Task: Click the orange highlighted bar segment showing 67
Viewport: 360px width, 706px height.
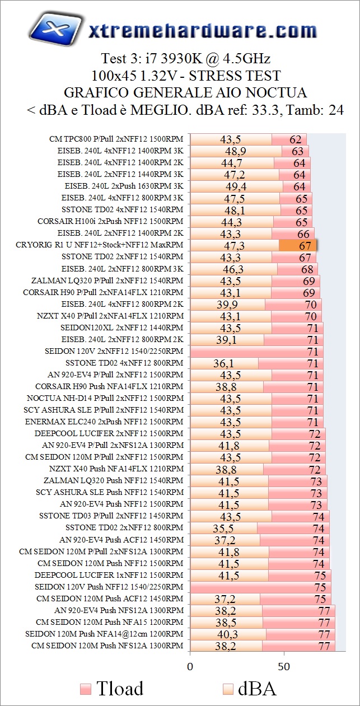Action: [298, 245]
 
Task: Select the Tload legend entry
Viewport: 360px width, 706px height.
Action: [112, 688]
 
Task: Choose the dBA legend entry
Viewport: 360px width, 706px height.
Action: [250, 688]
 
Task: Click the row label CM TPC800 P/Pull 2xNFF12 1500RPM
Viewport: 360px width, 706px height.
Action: [116, 139]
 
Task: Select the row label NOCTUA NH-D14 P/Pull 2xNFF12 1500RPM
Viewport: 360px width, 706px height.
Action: [105, 398]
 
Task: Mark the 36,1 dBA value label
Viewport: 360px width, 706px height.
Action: [223, 363]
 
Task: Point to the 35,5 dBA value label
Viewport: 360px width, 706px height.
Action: [223, 528]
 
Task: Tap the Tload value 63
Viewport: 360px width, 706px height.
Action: [297, 151]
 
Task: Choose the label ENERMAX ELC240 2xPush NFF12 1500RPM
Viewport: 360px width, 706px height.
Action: [104, 422]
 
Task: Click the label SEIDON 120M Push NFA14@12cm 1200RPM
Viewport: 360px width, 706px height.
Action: [104, 634]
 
